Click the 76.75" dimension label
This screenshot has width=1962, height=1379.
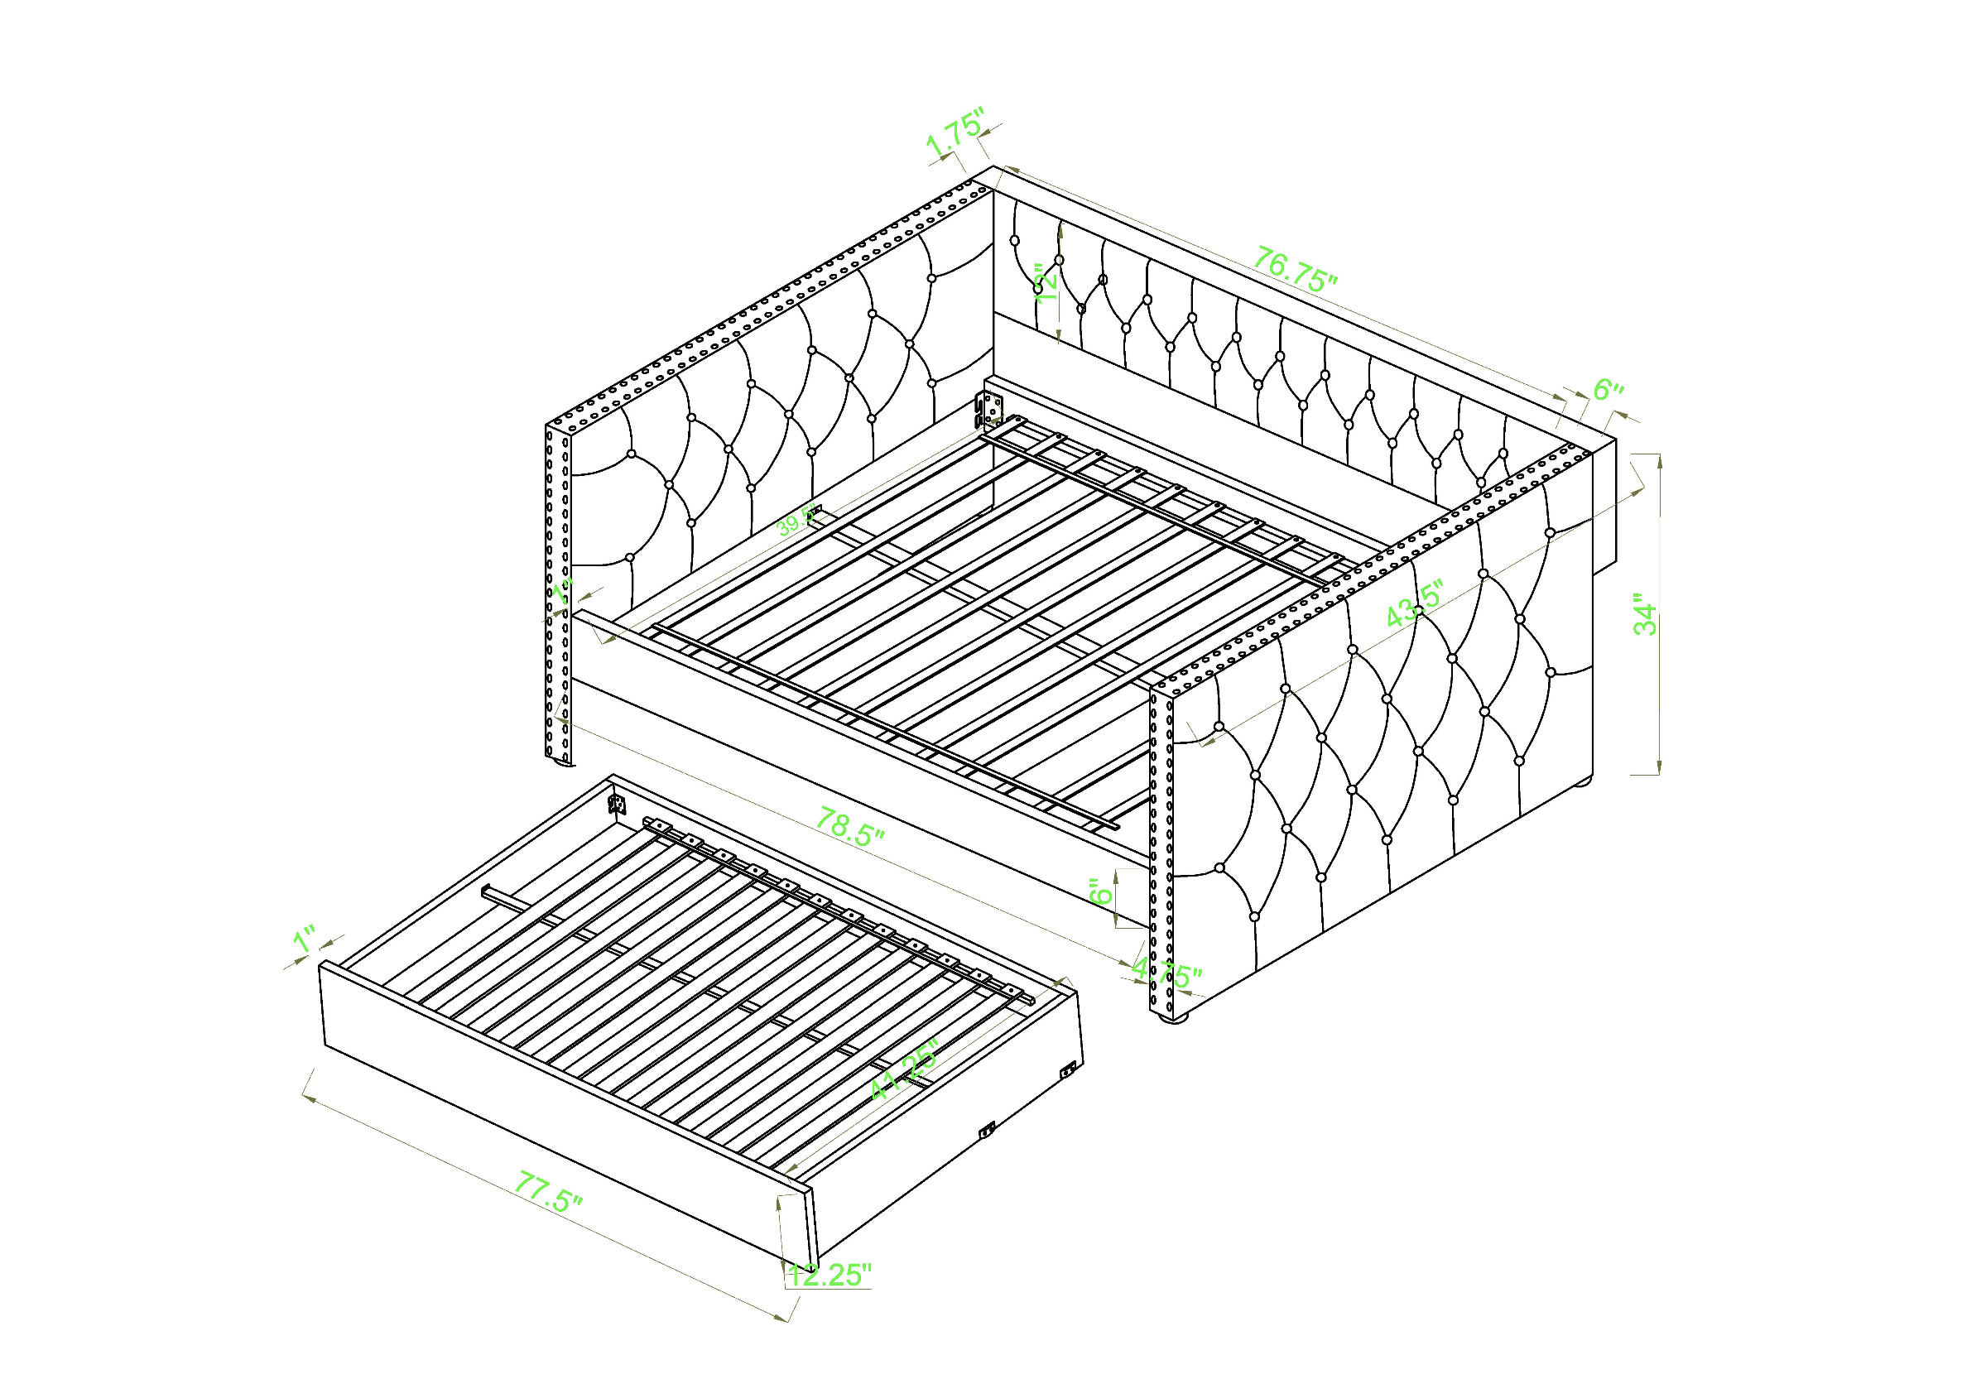(1294, 269)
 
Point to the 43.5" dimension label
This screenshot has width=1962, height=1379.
(1414, 603)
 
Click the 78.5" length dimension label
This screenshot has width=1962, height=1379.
(849, 827)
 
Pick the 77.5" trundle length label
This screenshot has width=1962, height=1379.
(548, 1192)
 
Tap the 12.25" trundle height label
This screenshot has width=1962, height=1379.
(829, 1275)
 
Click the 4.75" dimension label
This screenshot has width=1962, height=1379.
(1167, 974)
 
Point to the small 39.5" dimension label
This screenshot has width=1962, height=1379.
(796, 522)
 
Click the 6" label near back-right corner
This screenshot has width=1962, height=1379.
(1608, 391)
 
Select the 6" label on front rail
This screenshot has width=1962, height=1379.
(1102, 893)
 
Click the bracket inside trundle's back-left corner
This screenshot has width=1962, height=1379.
(616, 803)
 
